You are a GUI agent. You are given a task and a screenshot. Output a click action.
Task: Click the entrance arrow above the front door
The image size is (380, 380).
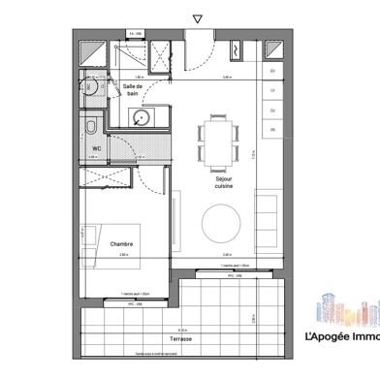[198, 18]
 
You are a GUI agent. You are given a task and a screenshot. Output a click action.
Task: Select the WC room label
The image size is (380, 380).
[97, 148]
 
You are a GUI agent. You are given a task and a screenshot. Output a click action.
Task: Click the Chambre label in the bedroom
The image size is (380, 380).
[121, 244]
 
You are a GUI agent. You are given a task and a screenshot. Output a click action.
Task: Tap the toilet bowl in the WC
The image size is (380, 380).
[88, 126]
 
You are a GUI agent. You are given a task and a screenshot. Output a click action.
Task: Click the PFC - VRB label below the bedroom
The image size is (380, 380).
[136, 303]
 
